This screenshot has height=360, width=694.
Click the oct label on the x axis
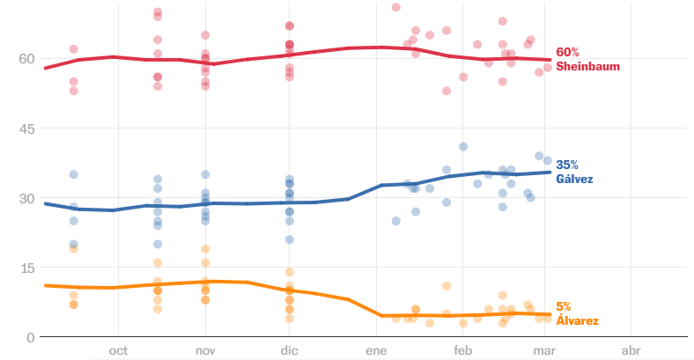pyautogui.click(x=118, y=350)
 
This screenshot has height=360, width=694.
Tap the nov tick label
pyautogui.click(x=205, y=350)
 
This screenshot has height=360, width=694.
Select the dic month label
pyautogui.click(x=289, y=350)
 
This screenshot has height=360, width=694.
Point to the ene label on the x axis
pyautogui.click(x=376, y=350)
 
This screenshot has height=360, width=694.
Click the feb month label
pyautogui.click(x=462, y=350)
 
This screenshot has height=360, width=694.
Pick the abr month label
pyautogui.click(x=631, y=350)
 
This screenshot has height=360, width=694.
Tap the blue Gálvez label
pyautogui.click(x=574, y=179)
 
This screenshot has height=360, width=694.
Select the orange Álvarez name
pyautogui.click(x=577, y=321)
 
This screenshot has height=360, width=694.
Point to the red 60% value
pyautogui.click(x=568, y=53)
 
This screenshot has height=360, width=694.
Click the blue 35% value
pyautogui.click(x=568, y=165)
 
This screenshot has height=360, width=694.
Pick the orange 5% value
pyautogui.click(x=564, y=307)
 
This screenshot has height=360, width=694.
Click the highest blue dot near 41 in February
pyautogui.click(x=463, y=147)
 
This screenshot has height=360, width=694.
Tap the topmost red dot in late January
pyautogui.click(x=396, y=7)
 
